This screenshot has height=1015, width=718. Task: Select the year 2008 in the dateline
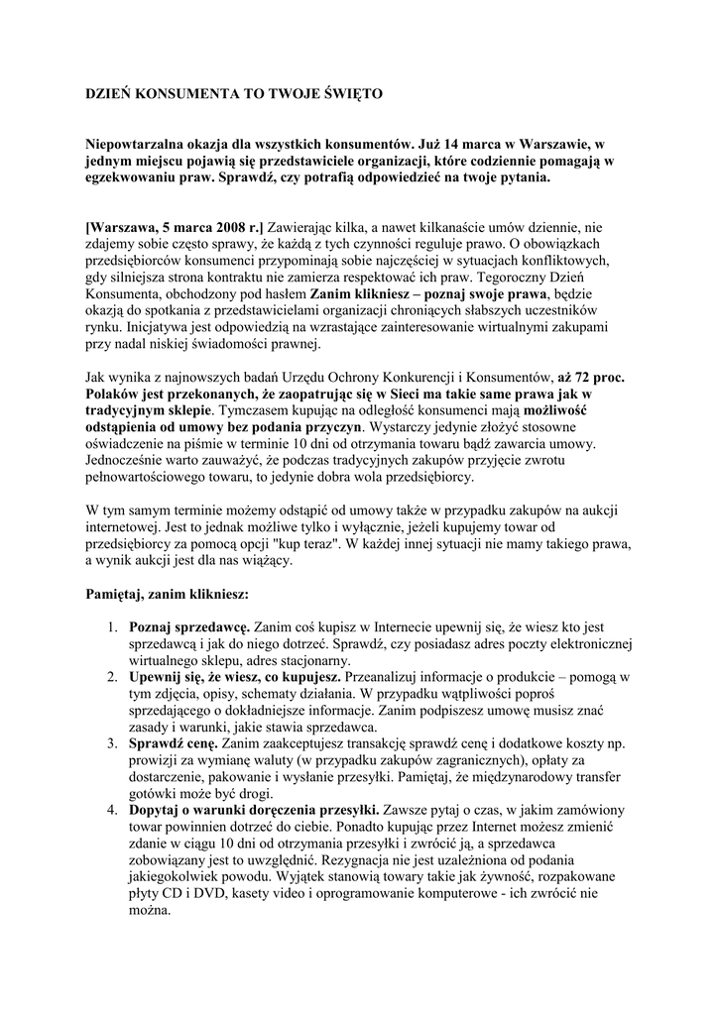pos(213,226)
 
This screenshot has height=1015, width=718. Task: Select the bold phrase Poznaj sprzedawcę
pos(188,628)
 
